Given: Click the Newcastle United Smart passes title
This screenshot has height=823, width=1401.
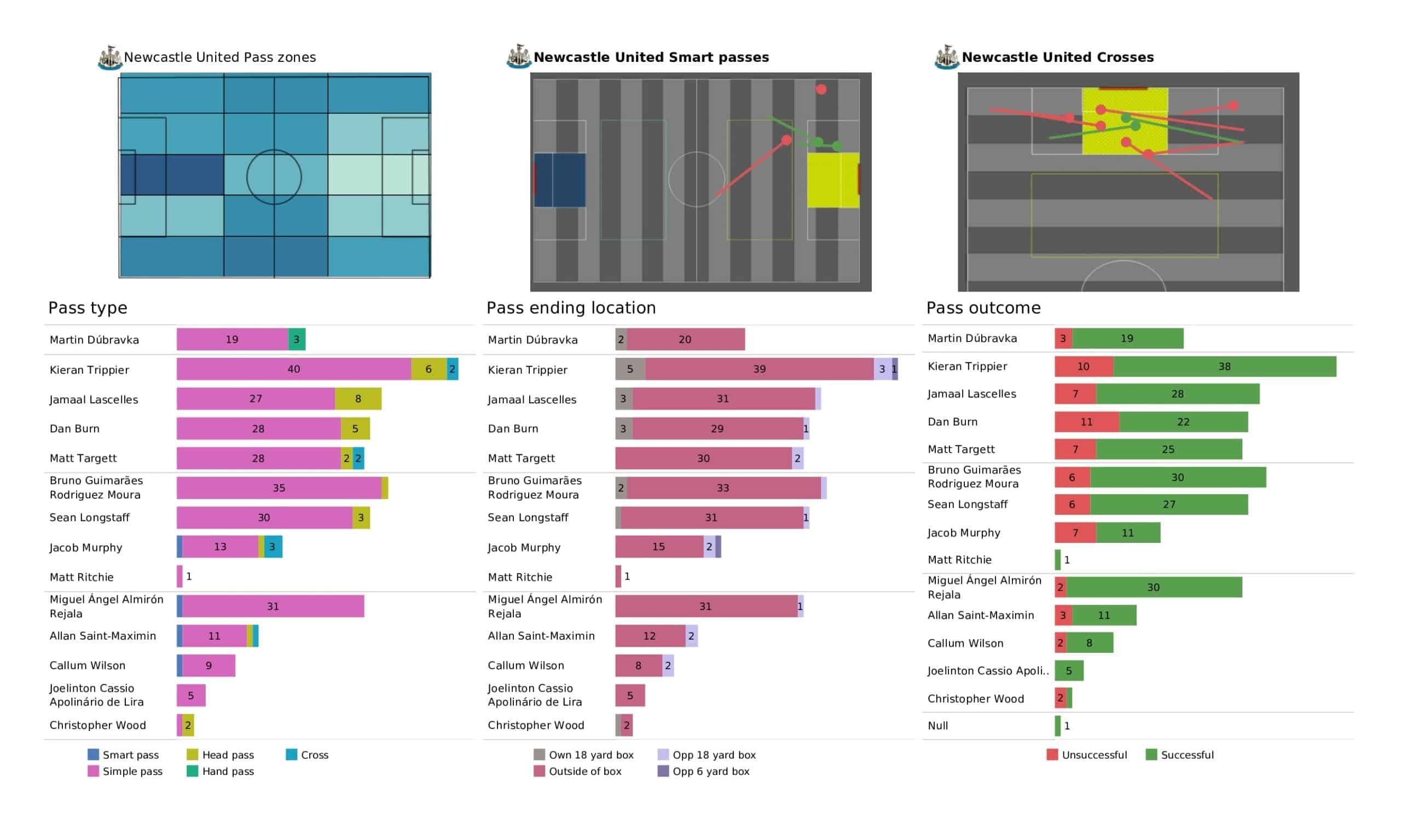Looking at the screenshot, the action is click(x=651, y=57).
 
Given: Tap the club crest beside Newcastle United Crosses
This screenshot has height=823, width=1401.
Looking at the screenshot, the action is click(x=946, y=57).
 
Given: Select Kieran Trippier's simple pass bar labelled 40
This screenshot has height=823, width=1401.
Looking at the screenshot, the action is click(x=293, y=369).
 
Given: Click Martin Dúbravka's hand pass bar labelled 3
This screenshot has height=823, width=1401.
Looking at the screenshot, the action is click(x=296, y=339).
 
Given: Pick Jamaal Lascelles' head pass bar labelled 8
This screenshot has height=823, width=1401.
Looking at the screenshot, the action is click(x=358, y=399).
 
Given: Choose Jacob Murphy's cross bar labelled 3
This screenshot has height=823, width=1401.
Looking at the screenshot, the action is click(x=273, y=547).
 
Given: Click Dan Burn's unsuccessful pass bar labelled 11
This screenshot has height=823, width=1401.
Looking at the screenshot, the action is click(x=1086, y=422).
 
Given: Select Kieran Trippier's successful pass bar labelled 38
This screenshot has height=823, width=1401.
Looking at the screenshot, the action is click(x=1224, y=367).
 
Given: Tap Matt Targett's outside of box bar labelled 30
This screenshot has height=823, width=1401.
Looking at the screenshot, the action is click(x=703, y=458).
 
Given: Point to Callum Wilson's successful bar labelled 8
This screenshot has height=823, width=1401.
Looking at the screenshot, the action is click(x=1090, y=643).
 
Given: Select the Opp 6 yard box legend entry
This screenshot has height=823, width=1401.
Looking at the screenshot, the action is click(x=703, y=771).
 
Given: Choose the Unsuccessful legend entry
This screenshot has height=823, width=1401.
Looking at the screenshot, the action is click(x=1087, y=755).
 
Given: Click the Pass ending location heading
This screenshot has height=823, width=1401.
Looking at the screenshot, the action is click(x=571, y=308).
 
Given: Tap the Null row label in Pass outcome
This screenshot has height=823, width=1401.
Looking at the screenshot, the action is click(x=938, y=726).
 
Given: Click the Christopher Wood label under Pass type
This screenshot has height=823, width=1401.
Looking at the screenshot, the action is click(x=98, y=725).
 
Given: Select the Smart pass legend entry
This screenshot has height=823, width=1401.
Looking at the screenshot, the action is click(x=124, y=755).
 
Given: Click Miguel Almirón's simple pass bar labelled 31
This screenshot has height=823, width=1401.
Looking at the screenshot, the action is click(x=273, y=606).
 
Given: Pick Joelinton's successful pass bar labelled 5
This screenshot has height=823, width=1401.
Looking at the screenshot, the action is click(x=1069, y=671).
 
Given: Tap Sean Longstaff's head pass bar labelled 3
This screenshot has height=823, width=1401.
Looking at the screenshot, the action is click(x=361, y=518).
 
